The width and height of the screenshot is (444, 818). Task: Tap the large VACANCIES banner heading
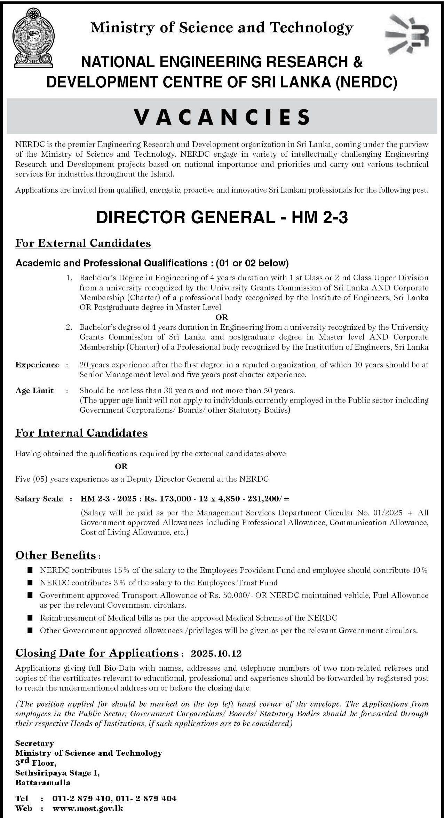pos(222,117)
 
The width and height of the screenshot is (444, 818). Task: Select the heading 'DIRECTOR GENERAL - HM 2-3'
pos(222,218)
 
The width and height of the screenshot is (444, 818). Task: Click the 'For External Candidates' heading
pos(83,243)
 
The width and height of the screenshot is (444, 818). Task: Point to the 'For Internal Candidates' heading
pos(81,433)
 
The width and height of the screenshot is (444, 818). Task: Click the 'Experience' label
pos(37,365)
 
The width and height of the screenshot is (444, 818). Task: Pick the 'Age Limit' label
pos(34,390)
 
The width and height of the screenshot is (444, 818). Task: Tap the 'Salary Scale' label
pos(39,499)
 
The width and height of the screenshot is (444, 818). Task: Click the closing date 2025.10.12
pos(216,653)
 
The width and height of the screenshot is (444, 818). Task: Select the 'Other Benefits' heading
pos(55,555)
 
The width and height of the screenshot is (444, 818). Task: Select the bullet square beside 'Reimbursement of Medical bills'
pos(30,618)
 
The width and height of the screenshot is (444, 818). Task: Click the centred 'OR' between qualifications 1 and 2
pos(222,317)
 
